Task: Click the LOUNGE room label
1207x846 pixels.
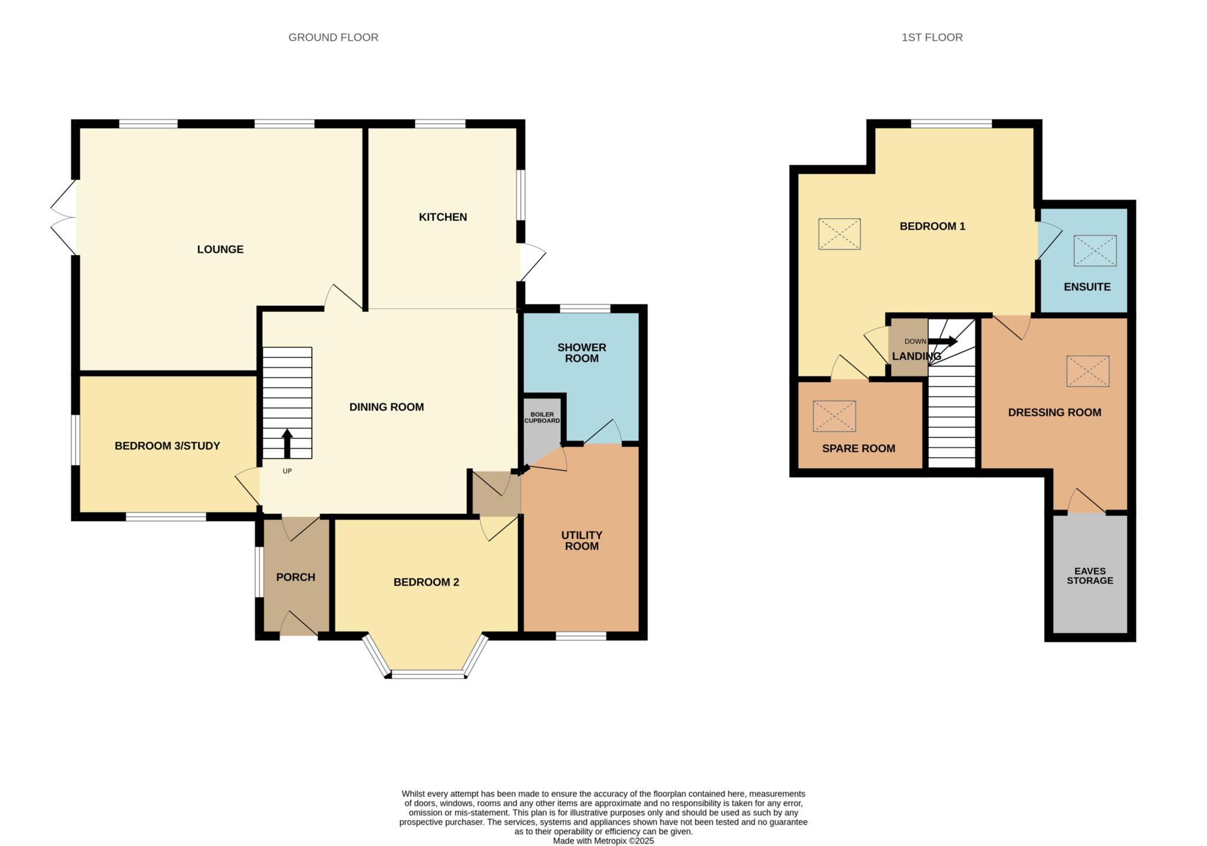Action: (x=220, y=249)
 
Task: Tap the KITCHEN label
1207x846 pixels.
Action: (x=443, y=217)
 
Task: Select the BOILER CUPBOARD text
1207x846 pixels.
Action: (x=542, y=418)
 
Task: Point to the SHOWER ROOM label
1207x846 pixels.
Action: (x=582, y=353)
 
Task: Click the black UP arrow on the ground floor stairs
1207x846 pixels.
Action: (x=287, y=444)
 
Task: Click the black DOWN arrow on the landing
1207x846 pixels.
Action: (x=943, y=341)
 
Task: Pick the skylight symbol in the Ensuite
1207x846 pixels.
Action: (x=1095, y=250)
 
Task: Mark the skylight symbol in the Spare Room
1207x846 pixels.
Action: (x=835, y=416)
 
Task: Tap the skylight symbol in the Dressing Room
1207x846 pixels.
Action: (x=1088, y=371)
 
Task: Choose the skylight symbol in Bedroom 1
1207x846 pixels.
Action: (x=839, y=234)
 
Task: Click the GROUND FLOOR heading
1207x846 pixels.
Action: (x=334, y=37)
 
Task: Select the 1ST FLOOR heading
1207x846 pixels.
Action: (x=932, y=37)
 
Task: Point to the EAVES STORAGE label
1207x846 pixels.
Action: (x=1090, y=576)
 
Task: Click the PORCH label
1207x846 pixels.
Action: (x=296, y=577)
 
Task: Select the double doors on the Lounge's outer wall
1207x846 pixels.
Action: (x=64, y=217)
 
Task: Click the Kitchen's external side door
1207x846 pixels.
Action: (x=532, y=262)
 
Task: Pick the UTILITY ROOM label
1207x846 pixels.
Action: (x=582, y=540)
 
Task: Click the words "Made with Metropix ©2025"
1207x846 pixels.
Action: (x=603, y=841)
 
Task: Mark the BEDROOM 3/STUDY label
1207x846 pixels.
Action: (x=167, y=446)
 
